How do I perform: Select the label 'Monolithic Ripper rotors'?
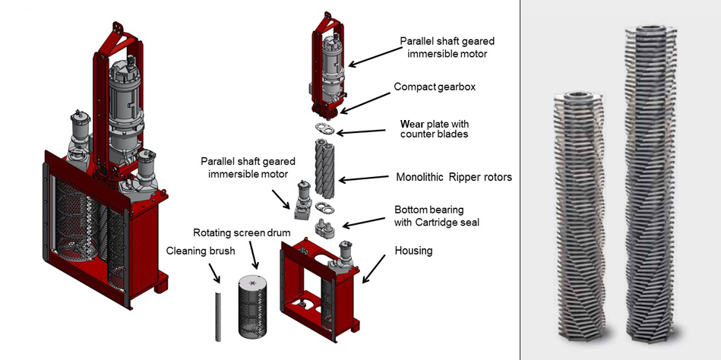454,177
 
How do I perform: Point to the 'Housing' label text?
413,250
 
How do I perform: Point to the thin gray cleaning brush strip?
217,315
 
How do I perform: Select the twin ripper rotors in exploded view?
325,168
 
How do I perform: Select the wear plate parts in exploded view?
324,128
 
